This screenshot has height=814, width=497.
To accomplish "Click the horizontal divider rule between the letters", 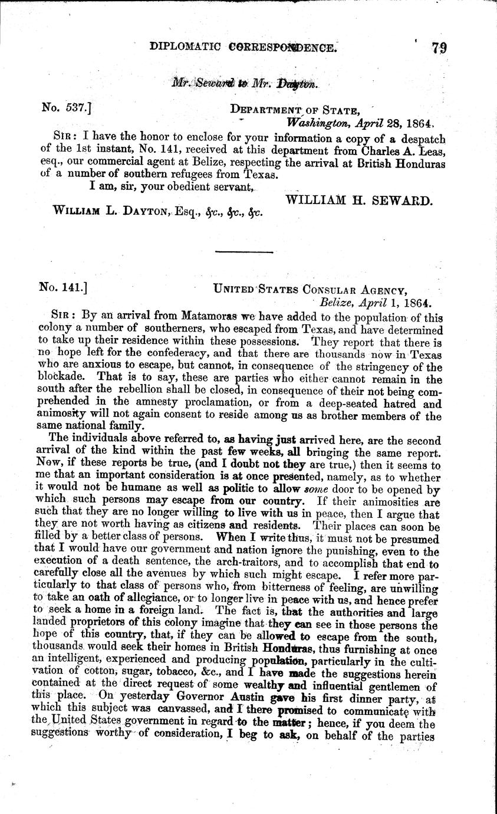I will (244, 252).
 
